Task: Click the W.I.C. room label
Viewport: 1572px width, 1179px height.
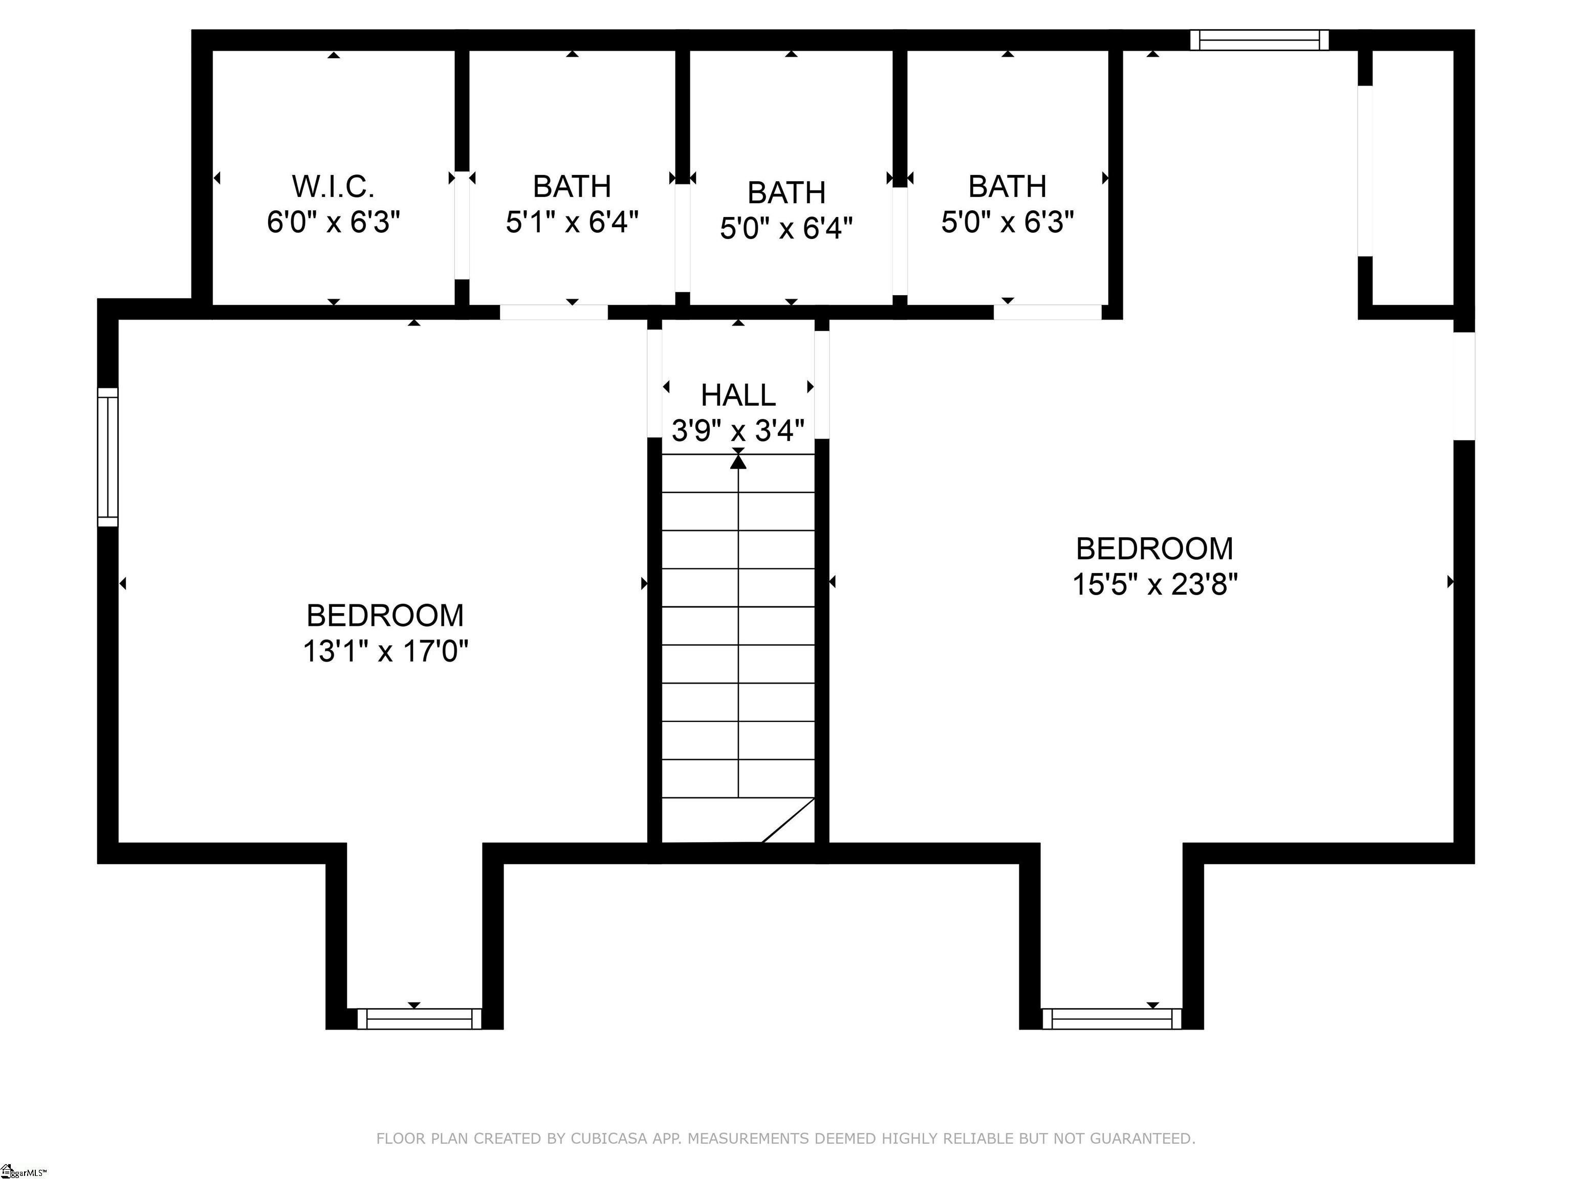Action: (x=333, y=187)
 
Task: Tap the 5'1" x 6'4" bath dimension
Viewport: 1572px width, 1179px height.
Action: (x=572, y=223)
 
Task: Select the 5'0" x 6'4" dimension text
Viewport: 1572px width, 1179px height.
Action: (x=786, y=229)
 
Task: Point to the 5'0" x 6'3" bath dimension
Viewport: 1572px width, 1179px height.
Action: (x=1007, y=223)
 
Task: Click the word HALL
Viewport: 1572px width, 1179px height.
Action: (x=738, y=395)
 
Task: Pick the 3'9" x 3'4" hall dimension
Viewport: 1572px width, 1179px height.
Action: (x=738, y=431)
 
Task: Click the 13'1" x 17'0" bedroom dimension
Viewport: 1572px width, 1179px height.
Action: (x=385, y=651)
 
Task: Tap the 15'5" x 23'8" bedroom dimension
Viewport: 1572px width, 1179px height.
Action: (x=1155, y=585)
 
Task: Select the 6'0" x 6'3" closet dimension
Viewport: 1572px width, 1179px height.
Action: (x=333, y=223)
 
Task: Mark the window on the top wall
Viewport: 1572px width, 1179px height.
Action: (x=1259, y=40)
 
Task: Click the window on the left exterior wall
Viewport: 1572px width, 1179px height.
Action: (x=107, y=457)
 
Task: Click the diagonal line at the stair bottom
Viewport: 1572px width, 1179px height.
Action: (x=788, y=820)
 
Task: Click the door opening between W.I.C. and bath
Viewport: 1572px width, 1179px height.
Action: (x=462, y=225)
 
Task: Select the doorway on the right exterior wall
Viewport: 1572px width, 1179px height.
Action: (x=1464, y=386)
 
